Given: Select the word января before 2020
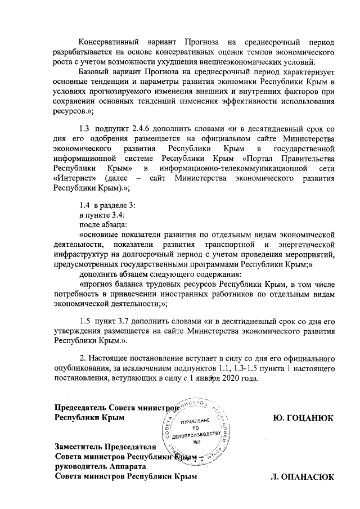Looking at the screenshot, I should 205,378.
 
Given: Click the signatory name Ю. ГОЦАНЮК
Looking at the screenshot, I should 303,418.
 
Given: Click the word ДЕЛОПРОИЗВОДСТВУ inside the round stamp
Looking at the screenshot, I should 196,434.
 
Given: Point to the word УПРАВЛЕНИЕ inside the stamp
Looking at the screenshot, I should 196,421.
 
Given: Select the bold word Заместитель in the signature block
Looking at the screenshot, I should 80,447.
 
